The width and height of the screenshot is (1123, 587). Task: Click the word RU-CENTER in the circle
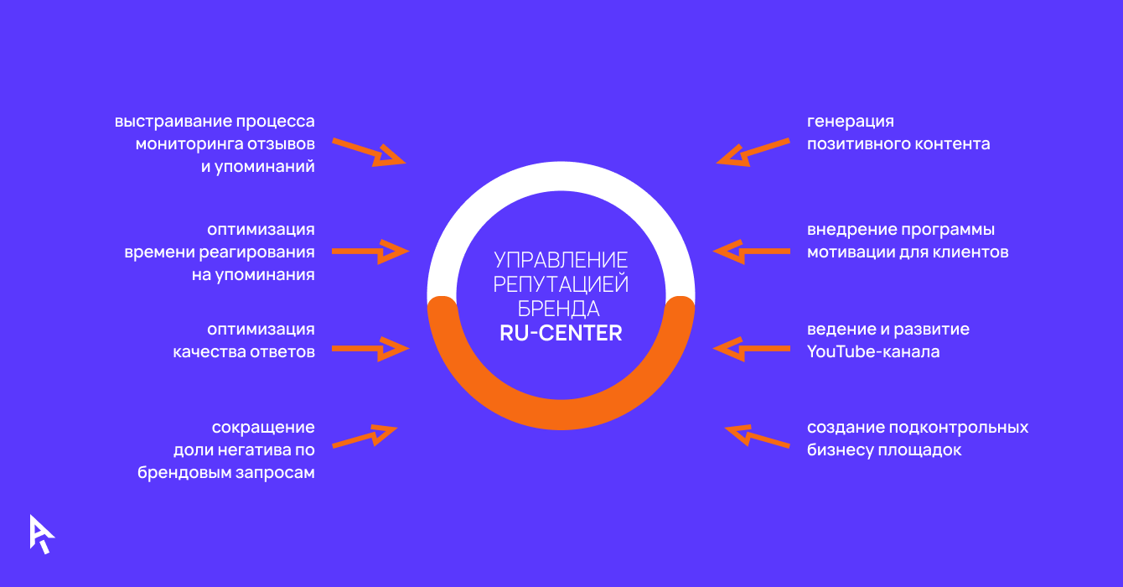pyautogui.click(x=561, y=333)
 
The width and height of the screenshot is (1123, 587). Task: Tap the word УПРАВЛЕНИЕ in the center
pyautogui.click(x=561, y=259)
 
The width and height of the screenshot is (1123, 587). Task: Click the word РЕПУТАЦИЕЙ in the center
pyautogui.click(x=561, y=283)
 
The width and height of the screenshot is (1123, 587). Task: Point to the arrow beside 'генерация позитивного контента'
pyautogui.click(x=753, y=152)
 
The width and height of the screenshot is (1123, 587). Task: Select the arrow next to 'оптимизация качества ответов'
pyautogui.click(x=370, y=349)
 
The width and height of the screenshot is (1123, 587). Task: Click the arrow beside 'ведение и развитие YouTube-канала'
pyautogui.click(x=752, y=349)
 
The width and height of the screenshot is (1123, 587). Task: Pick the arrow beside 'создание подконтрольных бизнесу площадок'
pyautogui.click(x=757, y=437)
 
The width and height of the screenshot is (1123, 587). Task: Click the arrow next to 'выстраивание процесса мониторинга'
pyautogui.click(x=369, y=152)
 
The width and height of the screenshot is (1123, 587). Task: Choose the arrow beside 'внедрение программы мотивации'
pyautogui.click(x=752, y=251)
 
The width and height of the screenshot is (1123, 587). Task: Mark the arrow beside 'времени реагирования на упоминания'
pyautogui.click(x=370, y=251)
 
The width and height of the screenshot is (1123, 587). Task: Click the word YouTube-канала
pyautogui.click(x=873, y=352)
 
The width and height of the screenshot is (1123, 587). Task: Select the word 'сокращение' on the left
pyautogui.click(x=262, y=428)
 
